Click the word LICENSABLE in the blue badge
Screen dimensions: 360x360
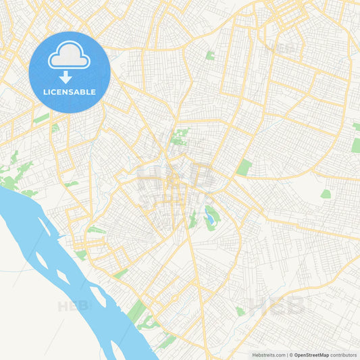pos(69,92)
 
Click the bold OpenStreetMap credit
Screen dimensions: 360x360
pos(311,354)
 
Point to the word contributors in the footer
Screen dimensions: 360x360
pos(344,354)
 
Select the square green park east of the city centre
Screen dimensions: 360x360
pos(244,167)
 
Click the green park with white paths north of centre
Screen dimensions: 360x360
pos(180,137)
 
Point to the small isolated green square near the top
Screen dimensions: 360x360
pos(210,55)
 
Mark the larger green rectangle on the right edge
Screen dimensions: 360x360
pos(355,145)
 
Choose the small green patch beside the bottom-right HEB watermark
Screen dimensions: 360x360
pos(240,311)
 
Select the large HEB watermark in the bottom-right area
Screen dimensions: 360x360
pos(277,307)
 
